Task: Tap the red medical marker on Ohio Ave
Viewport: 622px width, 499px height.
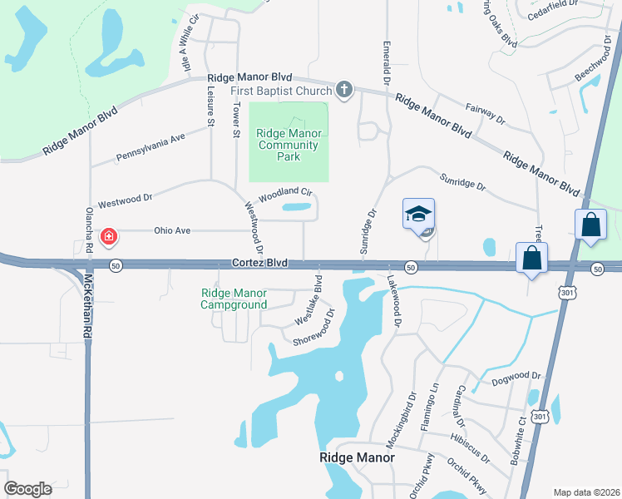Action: pos(108,238)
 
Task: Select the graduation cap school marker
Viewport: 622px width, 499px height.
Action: pos(419,215)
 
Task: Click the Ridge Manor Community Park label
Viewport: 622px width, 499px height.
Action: pos(288,145)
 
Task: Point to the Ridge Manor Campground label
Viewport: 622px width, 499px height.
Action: pos(234,299)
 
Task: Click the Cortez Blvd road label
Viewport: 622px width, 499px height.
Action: pos(259,263)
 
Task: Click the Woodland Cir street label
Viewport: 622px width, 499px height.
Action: pos(284,195)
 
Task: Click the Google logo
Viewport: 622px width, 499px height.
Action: pos(28,489)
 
